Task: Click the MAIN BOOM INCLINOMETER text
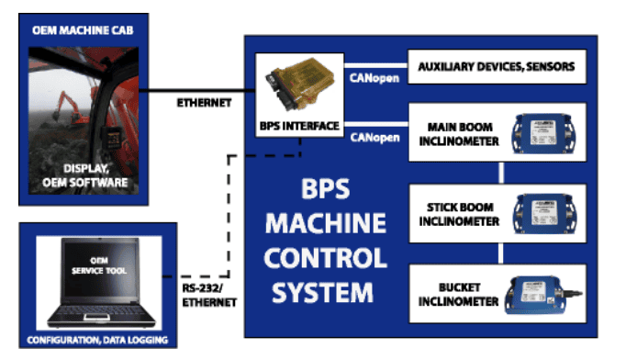click(x=464, y=134)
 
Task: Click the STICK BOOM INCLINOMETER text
click(x=464, y=214)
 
